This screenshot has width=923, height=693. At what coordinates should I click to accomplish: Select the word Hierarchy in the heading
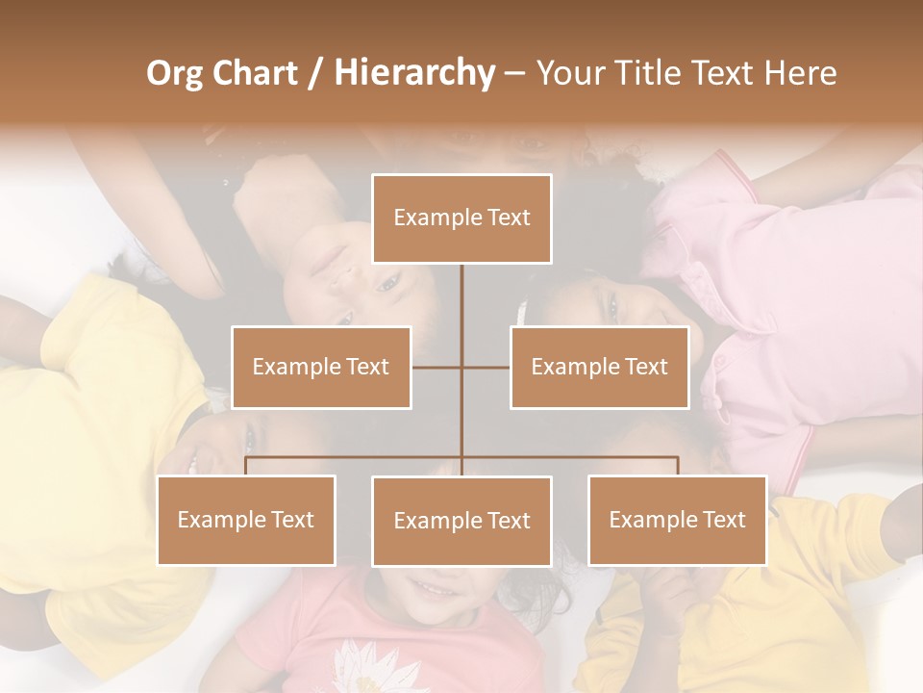coord(414,73)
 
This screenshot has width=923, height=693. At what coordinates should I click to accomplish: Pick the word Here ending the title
coord(801,73)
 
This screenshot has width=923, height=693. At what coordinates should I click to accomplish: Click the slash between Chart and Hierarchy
coord(316,74)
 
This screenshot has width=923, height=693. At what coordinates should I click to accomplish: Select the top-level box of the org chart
coord(461,218)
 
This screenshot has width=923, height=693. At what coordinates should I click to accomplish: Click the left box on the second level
coord(321,368)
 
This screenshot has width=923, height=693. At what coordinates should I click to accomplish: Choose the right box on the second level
coord(600,368)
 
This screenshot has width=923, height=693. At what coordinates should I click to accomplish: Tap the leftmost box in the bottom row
coord(246,521)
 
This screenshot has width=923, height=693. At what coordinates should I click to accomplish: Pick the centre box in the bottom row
coord(461,522)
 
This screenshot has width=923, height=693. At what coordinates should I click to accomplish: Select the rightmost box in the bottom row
coord(678,521)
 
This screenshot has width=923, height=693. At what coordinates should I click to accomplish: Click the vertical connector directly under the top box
coord(461,308)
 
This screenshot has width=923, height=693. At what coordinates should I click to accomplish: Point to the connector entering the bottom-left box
coord(246,466)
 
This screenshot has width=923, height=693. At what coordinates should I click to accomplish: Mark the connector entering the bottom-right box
coord(678,466)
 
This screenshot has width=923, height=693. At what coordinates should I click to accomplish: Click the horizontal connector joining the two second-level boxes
coord(461,368)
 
